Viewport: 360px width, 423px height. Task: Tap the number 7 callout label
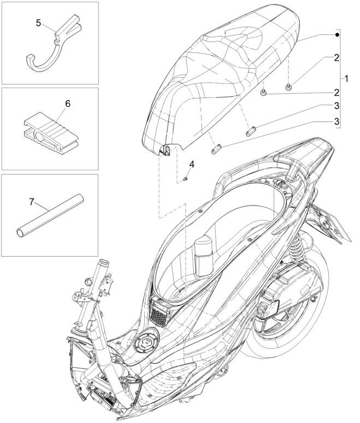point(31,202)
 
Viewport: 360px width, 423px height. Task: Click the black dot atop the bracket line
point(338,35)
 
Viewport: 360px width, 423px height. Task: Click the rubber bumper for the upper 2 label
point(288,85)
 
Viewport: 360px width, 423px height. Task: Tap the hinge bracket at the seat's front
point(165,149)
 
